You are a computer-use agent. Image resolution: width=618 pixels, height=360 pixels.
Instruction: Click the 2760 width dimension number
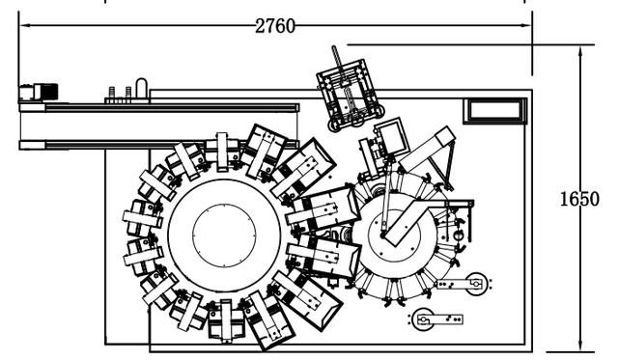coord(275,26)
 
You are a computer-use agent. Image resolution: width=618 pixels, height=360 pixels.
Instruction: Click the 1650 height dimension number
coord(579,199)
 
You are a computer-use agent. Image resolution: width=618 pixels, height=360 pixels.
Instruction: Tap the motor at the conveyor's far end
coord(39,92)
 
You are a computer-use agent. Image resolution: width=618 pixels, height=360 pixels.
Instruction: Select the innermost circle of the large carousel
coord(224,235)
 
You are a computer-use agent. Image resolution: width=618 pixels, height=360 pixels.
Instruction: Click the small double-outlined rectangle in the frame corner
coord(495,111)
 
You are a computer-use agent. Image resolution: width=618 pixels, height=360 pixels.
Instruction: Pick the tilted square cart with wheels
coord(350,96)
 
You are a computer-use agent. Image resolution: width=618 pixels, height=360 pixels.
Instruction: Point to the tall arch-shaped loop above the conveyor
coord(142,90)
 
